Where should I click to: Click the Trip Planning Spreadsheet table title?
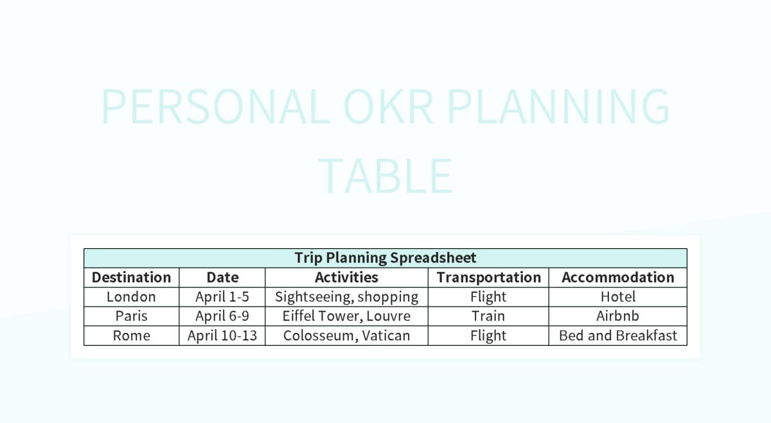pyautogui.click(x=385, y=258)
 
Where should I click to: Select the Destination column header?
pyautogui.click(x=131, y=277)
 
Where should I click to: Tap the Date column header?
pyautogui.click(x=222, y=277)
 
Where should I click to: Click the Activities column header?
pyautogui.click(x=346, y=277)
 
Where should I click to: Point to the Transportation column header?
pyautogui.click(x=488, y=277)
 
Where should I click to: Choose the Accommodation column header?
pyautogui.click(x=618, y=277)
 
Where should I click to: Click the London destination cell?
pyautogui.click(x=131, y=296)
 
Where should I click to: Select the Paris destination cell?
pyautogui.click(x=131, y=316)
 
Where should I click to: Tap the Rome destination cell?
pyautogui.click(x=131, y=336)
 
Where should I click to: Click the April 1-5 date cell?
pyautogui.click(x=222, y=297)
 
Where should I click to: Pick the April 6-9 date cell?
pyautogui.click(x=222, y=316)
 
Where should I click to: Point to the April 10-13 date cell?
pyautogui.click(x=222, y=336)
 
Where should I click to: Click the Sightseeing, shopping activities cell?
pyautogui.click(x=346, y=297)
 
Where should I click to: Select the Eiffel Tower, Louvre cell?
pyautogui.click(x=346, y=316)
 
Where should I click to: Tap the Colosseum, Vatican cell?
pyautogui.click(x=346, y=336)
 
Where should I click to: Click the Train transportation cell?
pyautogui.click(x=488, y=316)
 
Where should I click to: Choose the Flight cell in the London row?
pyautogui.click(x=488, y=297)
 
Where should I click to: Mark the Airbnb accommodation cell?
pyautogui.click(x=618, y=316)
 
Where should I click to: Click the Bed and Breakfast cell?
pyautogui.click(x=618, y=336)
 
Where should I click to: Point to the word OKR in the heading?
pyautogui.click(x=388, y=107)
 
